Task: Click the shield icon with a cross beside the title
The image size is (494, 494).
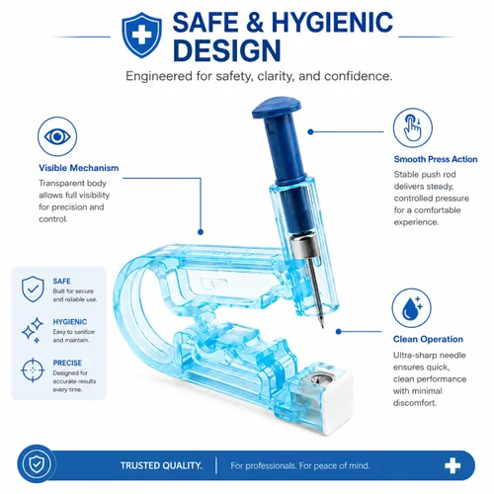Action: point(141,35)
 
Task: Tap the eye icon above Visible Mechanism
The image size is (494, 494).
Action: point(57,136)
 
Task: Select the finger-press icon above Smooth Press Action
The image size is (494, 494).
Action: point(413,127)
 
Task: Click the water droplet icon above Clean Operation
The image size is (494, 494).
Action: point(411,308)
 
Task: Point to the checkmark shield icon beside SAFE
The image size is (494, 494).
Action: point(33,289)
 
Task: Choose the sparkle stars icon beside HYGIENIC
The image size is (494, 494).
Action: point(33,330)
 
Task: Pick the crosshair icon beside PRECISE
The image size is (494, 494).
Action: point(33,370)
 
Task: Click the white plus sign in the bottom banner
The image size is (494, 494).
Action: point(453,465)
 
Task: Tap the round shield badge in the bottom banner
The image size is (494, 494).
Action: point(37,464)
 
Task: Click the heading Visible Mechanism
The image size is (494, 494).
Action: point(79,168)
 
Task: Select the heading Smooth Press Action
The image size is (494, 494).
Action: point(436,159)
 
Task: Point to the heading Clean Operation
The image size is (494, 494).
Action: point(428,339)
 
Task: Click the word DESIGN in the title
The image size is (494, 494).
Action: point(227,50)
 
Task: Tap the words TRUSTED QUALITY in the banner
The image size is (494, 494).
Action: point(161,465)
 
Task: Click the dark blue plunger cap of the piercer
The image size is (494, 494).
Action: point(276,107)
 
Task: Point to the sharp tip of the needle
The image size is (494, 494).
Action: point(322,327)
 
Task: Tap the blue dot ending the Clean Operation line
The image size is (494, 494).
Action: point(339,332)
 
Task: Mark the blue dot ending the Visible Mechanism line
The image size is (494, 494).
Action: point(201,232)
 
